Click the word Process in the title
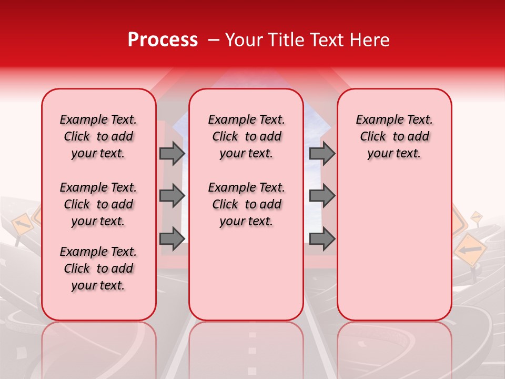(163, 40)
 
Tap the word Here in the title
(370, 40)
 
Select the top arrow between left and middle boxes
(172, 153)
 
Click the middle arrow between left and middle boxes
(172, 196)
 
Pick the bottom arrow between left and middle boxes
(172, 238)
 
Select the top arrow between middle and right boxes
(322, 153)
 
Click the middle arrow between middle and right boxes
(322, 196)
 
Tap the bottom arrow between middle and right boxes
(322, 238)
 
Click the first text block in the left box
(98, 136)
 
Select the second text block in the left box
(98, 204)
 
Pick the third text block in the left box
(98, 268)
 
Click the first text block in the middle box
(246, 136)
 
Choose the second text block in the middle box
(246, 204)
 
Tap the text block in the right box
(394, 136)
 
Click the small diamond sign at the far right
(476, 216)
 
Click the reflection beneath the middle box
(246, 347)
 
